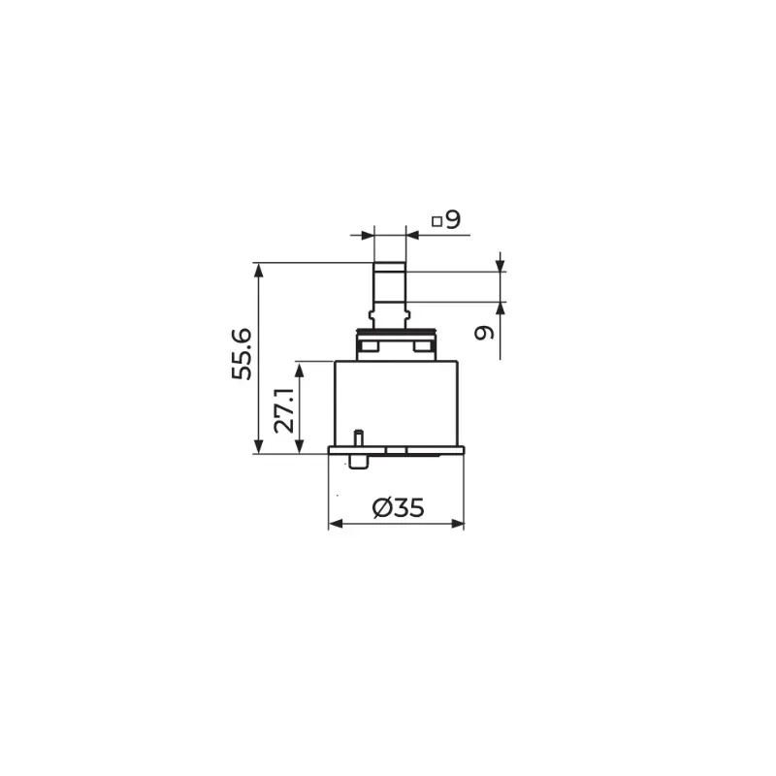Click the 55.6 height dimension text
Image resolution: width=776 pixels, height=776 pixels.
click(x=242, y=354)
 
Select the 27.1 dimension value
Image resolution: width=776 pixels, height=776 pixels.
click(x=284, y=410)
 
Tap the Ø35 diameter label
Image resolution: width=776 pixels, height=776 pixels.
click(x=399, y=507)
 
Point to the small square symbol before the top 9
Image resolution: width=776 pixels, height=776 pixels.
click(x=436, y=221)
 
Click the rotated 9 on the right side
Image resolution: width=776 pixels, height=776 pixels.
click(x=484, y=333)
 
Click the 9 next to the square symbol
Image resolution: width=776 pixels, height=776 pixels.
click(x=453, y=219)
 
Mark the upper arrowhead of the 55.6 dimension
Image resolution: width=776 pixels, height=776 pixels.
click(x=258, y=271)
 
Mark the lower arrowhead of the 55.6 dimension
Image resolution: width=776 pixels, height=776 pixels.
click(x=258, y=445)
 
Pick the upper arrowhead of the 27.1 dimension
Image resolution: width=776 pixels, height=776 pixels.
click(x=299, y=370)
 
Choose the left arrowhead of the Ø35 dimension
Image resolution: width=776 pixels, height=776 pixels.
click(x=336, y=524)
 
